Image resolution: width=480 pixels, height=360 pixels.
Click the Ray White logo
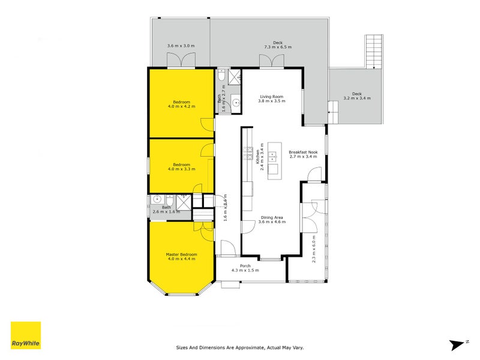coord(26,335)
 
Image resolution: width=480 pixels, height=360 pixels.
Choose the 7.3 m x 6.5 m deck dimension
coord(277,46)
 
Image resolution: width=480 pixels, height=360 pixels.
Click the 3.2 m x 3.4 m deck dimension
coord(357,98)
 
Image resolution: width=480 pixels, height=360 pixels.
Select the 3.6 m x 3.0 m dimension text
coord(181,46)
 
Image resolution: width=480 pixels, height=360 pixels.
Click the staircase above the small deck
coord(373,51)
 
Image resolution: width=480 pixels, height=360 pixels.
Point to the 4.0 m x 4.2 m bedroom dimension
coord(181,107)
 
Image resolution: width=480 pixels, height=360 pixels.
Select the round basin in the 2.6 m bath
coord(157,200)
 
